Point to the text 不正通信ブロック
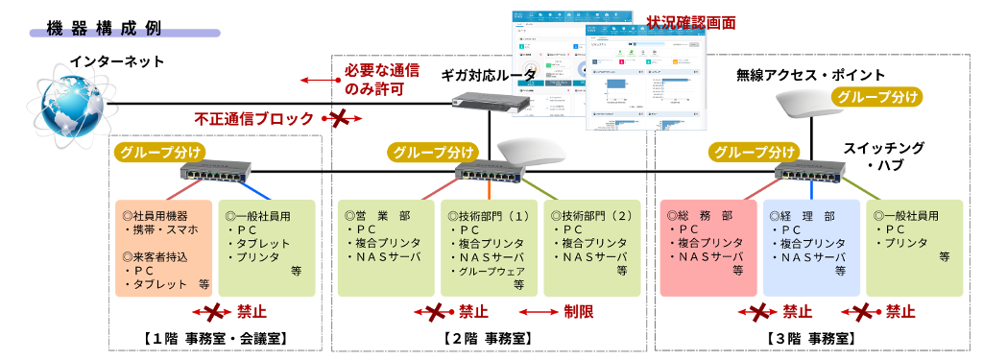(x=253, y=119)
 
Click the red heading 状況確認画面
(x=691, y=22)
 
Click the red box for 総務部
(x=709, y=248)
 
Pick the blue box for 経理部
(x=811, y=248)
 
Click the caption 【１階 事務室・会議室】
(x=215, y=338)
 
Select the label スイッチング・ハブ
(x=883, y=156)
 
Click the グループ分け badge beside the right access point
(x=875, y=96)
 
